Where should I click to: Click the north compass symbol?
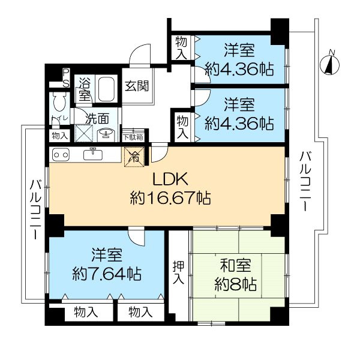coord(329,65)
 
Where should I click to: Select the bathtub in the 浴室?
coord(106,90)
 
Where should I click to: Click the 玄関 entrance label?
coord(137,86)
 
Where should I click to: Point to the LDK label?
coord(170,179)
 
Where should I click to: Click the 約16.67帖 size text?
coord(170,197)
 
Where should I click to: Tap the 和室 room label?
coord(235,266)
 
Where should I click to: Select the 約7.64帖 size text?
coord(107,274)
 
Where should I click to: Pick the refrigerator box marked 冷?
coord(134,157)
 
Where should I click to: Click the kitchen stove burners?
coord(61,155)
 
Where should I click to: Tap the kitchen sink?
coord(93,154)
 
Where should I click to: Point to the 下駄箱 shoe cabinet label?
coord(133,137)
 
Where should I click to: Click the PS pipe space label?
coord(66,78)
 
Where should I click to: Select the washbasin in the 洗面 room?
coord(105,134)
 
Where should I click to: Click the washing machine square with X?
coord(84,133)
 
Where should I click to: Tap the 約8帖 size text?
coord(235,284)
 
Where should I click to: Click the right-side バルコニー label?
coord(305,181)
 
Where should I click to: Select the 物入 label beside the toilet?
coord(59,136)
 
